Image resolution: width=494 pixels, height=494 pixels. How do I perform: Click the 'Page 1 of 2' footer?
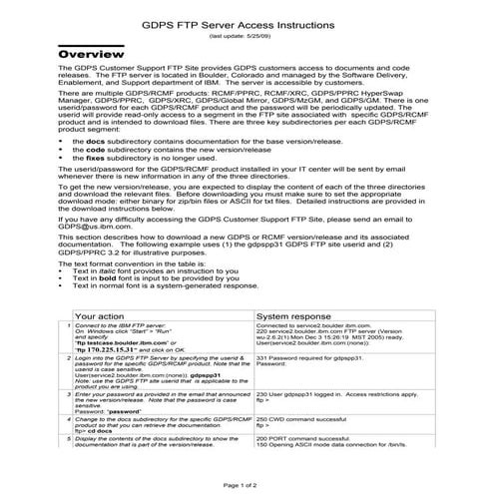point(246,484)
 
